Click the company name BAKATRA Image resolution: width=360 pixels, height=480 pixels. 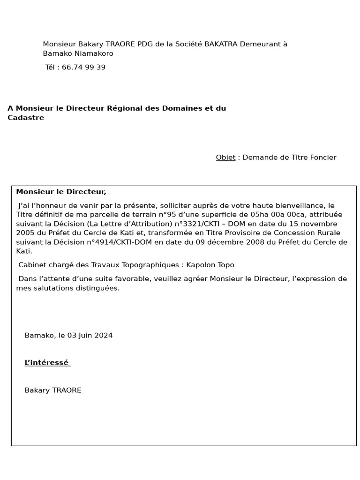[221, 44]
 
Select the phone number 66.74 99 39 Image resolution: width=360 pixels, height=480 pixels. [83, 67]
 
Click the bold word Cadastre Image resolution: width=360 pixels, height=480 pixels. [26, 118]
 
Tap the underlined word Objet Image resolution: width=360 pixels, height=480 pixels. [225, 157]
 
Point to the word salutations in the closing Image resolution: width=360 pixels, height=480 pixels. [50, 288]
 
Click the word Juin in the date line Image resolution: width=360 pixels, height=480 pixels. [85, 335]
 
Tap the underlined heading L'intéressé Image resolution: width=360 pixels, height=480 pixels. [46, 362]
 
